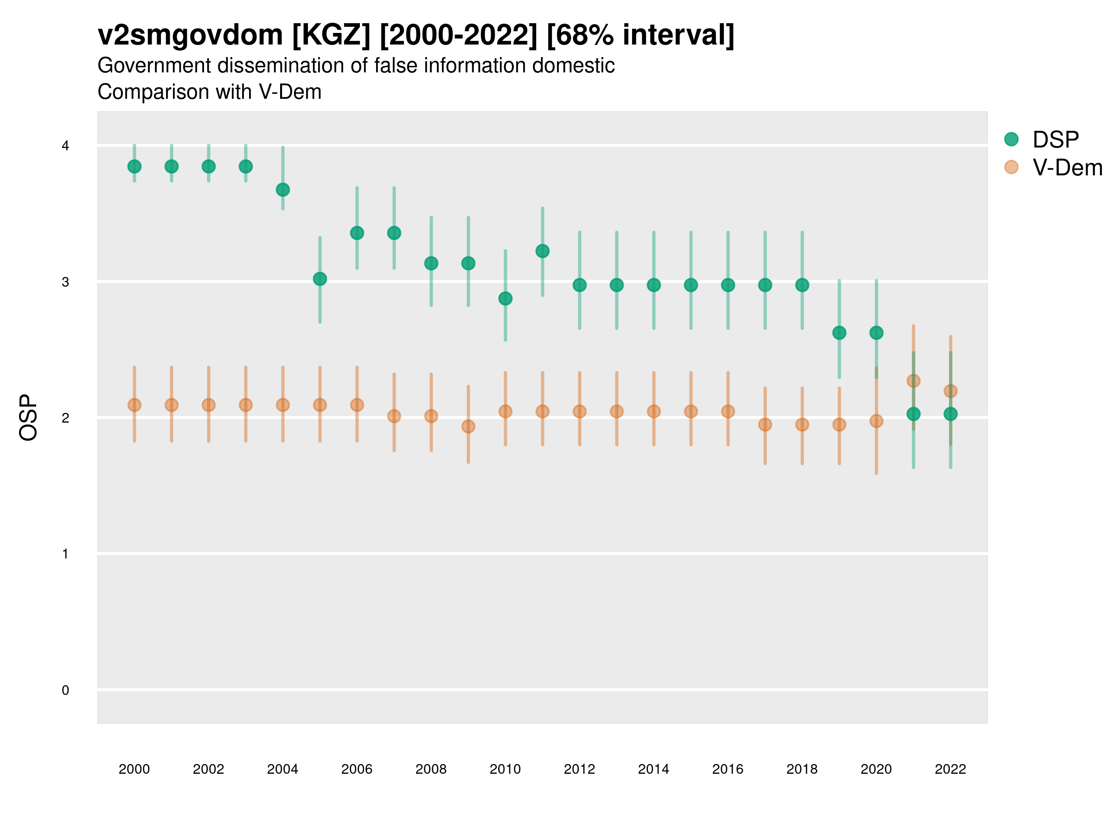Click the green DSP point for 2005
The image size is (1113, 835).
pos(320,279)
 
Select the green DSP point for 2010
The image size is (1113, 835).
pos(505,298)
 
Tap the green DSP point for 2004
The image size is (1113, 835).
pos(283,190)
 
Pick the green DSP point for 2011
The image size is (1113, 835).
pos(543,250)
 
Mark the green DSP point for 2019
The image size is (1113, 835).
pos(839,333)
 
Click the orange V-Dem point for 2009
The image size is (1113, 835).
pos(468,426)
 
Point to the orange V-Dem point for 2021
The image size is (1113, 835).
pos(913,381)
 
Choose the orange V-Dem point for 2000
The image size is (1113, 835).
pos(134,405)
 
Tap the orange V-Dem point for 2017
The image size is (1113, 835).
pos(765,424)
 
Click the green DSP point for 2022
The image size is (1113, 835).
pos(951,414)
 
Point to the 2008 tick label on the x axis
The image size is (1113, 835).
pos(431,769)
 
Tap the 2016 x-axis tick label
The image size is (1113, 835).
pos(728,769)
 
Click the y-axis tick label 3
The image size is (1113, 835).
pos(65,282)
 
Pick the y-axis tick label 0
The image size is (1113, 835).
pos(65,690)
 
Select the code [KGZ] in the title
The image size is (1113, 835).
pos(331,35)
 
